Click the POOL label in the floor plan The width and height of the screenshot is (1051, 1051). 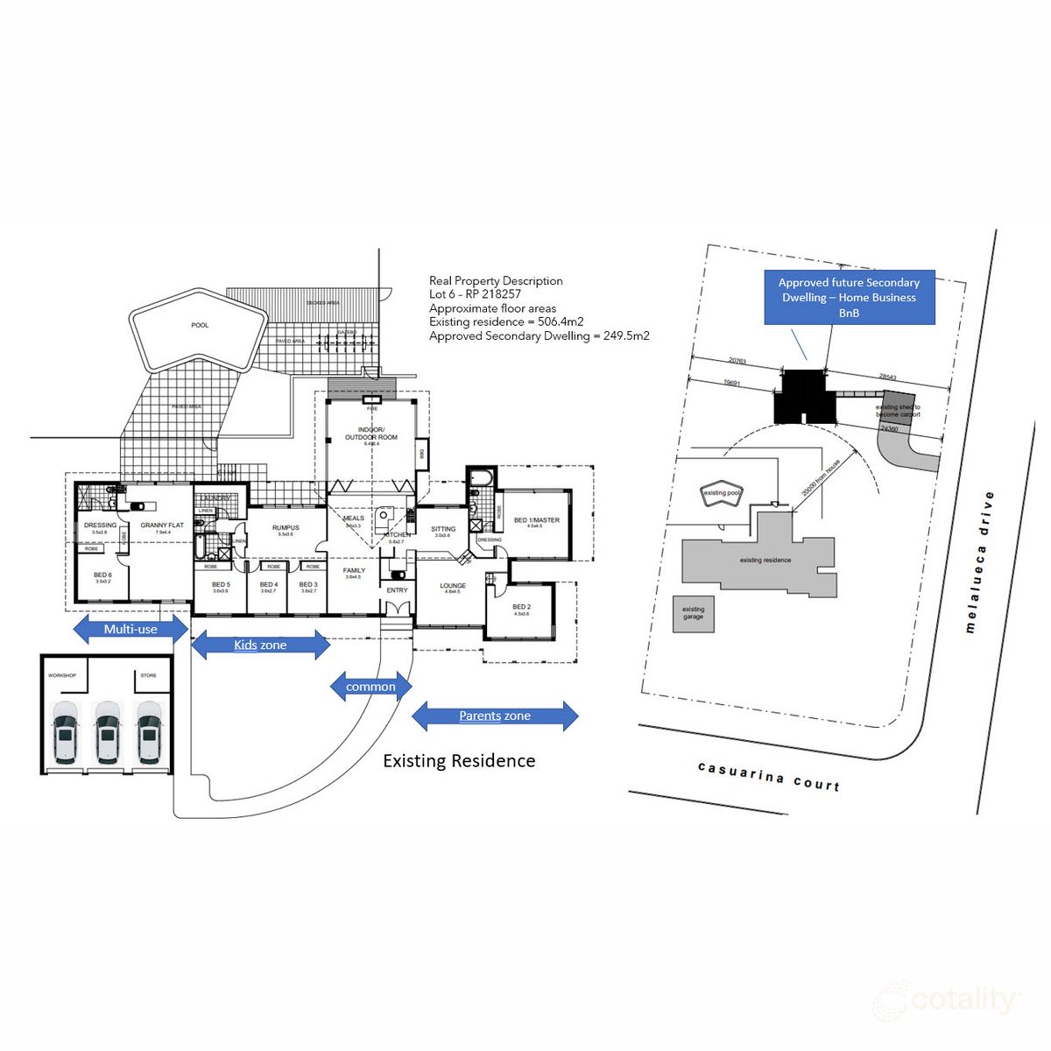point(200,325)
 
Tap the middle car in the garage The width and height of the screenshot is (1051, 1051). point(107,730)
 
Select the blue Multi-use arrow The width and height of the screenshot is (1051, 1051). point(130,628)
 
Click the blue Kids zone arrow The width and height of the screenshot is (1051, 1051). point(260,645)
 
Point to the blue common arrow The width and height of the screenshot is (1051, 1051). point(370,687)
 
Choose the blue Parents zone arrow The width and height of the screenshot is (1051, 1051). point(495,716)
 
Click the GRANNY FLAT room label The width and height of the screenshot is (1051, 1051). point(162,526)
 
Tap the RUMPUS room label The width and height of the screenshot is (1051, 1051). point(286,528)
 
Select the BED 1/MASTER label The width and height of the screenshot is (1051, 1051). point(536,520)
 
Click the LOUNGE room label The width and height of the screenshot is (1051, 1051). point(453,586)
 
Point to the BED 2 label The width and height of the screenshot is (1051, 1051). point(521,607)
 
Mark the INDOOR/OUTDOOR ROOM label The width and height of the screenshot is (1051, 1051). point(370,434)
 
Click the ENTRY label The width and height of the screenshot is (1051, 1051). point(397,590)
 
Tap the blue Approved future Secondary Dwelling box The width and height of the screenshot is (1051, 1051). point(849,298)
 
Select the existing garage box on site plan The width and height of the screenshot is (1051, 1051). point(693,613)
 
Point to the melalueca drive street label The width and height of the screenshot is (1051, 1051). point(978,561)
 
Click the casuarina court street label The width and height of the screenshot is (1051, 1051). point(769,776)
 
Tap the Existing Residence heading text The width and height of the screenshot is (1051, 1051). point(459,761)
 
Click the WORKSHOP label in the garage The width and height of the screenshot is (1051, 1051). point(62,675)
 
